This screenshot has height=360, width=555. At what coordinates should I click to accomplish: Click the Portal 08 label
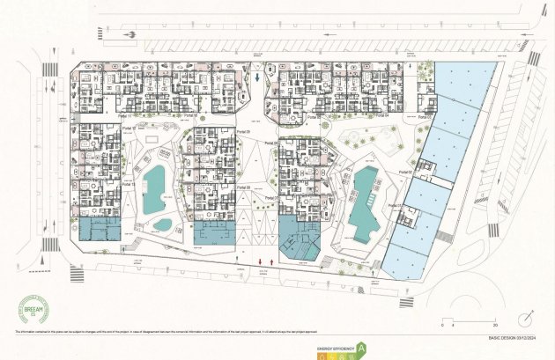(x=244, y=187)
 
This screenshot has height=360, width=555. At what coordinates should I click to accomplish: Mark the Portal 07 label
(x=269, y=198)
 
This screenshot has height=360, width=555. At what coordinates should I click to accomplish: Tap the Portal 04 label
(x=380, y=114)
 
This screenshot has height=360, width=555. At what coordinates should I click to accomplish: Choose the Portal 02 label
(x=406, y=173)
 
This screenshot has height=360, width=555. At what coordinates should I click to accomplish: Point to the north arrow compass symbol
(x=526, y=315)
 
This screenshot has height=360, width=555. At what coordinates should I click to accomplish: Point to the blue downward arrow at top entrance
(x=255, y=77)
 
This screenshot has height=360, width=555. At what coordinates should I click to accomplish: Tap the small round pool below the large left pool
(x=162, y=224)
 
